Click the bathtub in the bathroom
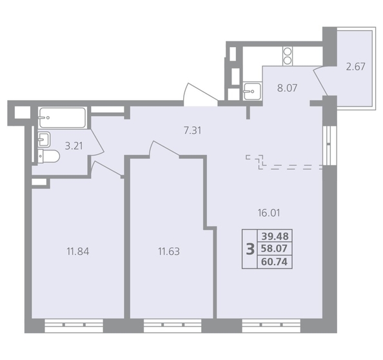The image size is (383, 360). [x=63, y=117]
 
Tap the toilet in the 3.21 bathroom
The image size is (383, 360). [x=49, y=156]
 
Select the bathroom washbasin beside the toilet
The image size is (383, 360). [x=44, y=139]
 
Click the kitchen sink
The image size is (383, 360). [x=252, y=91]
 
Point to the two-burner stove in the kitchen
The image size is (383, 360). [x=288, y=56]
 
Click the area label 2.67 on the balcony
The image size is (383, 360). [x=356, y=66]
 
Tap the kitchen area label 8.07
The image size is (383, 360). [x=288, y=88]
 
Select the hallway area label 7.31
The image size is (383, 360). [x=193, y=130]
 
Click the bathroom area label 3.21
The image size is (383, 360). [x=74, y=146]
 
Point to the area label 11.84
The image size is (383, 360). [x=77, y=251]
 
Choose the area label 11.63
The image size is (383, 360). [x=169, y=251]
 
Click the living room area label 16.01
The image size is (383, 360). [x=269, y=213]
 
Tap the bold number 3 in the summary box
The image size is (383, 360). [x=250, y=249]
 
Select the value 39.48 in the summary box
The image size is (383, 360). [x=275, y=236]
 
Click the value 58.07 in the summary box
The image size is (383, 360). [x=274, y=249]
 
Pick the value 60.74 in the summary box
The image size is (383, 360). [x=274, y=262]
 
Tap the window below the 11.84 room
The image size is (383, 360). [x=74, y=326]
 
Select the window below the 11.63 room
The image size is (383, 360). [x=172, y=326]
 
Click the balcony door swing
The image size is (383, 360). [x=320, y=81]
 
